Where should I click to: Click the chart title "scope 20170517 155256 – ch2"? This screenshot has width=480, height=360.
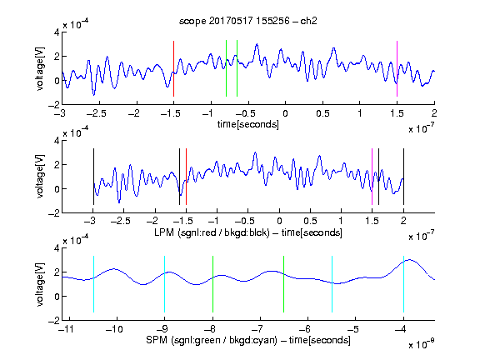click(248, 21)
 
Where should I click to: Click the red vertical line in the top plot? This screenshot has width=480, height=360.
click(173, 68)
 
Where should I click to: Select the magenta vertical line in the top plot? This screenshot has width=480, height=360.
click(397, 68)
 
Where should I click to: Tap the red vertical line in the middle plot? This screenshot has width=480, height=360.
click(186, 177)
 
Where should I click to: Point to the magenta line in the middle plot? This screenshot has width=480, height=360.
click(372, 177)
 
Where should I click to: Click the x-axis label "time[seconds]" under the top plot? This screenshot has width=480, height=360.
click(248, 124)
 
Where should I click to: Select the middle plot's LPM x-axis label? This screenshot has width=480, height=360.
click(248, 232)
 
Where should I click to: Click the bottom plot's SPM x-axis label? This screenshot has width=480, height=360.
click(248, 340)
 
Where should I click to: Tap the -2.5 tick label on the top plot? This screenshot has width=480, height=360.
click(97, 113)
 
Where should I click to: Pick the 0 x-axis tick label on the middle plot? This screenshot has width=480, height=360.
click(279, 221)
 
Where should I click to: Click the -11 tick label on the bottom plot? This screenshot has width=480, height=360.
click(67, 329)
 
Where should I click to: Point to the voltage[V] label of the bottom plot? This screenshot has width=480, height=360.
click(40, 284)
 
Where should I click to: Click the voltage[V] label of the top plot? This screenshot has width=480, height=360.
click(40, 68)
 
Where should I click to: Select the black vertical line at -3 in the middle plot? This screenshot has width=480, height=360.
click(93, 177)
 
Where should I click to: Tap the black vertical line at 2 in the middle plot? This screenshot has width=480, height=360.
click(403, 177)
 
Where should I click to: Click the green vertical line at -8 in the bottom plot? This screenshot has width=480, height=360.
click(212, 284)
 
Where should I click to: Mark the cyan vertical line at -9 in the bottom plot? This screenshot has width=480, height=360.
click(164, 284)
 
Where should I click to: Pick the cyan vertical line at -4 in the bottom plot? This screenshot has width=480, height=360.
click(403, 284)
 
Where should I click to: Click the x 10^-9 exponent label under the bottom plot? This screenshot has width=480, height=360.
click(422, 344)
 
